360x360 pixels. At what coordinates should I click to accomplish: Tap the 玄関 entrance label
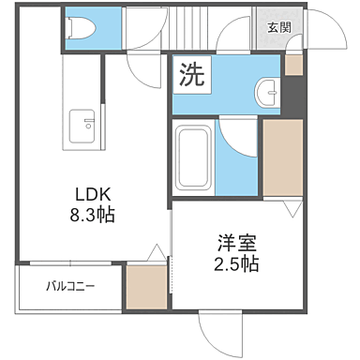coord(278,27)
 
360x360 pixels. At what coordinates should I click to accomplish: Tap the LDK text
coord(94,195)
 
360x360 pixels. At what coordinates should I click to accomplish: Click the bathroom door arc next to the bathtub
coord(237,141)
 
